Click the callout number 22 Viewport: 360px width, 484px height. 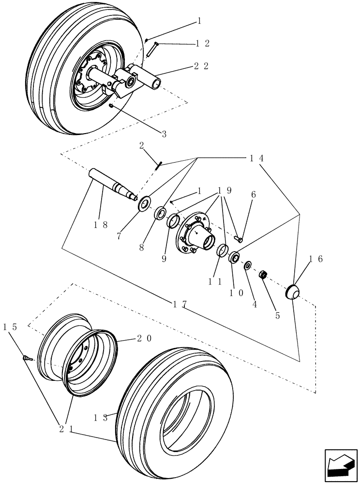coord(201,66)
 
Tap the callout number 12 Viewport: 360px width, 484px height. coord(202,44)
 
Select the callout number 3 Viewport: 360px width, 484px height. coord(164,134)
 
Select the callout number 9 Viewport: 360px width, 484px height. coord(165,259)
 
